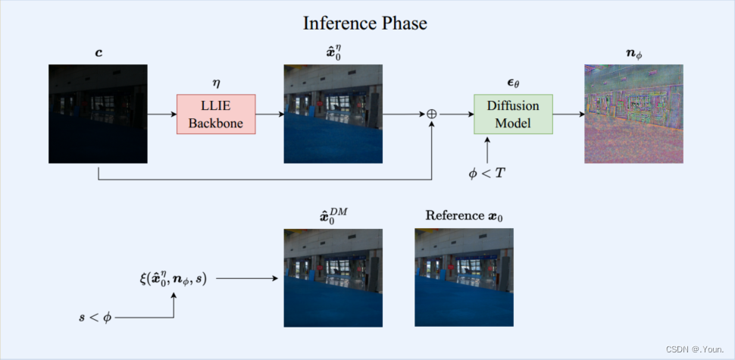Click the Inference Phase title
pyautogui.click(x=365, y=23)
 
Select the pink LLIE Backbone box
pyautogui.click(x=216, y=114)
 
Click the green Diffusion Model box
pyautogui.click(x=513, y=114)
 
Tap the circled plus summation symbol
pyautogui.click(x=432, y=114)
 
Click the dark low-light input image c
pyautogui.click(x=98, y=114)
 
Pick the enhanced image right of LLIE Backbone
pyautogui.click(x=333, y=114)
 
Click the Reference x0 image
pyautogui.click(x=464, y=277)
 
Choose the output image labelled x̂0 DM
pyautogui.click(x=333, y=277)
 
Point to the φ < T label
pyautogui.click(x=487, y=172)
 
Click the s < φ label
pyautogui.click(x=95, y=318)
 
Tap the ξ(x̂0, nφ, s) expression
pyautogui.click(x=173, y=279)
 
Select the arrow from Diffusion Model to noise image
pyautogui.click(x=568, y=114)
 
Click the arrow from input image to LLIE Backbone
pyautogui.click(x=161, y=114)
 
